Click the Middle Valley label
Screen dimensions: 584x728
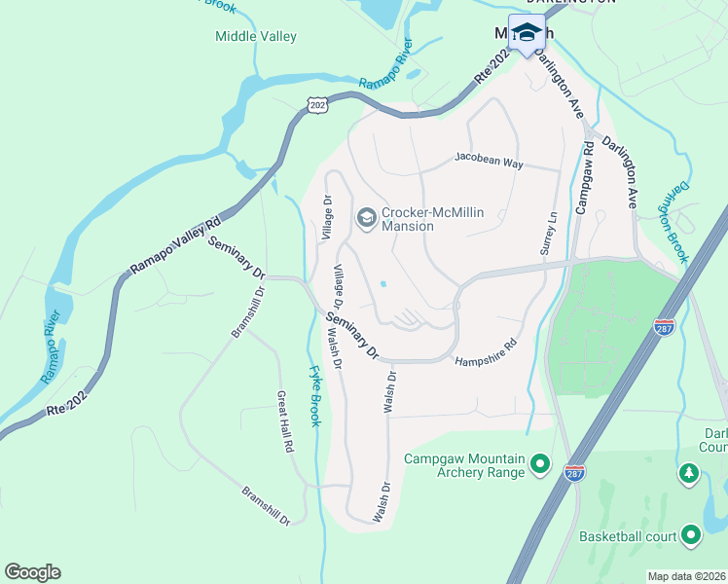(256, 37)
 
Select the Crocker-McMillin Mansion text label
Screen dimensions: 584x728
(433, 219)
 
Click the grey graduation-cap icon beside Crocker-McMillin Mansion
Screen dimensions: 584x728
(366, 216)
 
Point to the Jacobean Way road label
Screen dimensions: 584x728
(490, 161)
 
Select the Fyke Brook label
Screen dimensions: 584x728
(313, 394)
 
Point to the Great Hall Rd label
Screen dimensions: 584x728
(284, 423)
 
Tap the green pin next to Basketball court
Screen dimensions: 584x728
(691, 534)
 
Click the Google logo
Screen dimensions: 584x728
(32, 572)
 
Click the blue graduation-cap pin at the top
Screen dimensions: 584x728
(527, 33)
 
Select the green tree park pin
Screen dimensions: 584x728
(689, 473)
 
